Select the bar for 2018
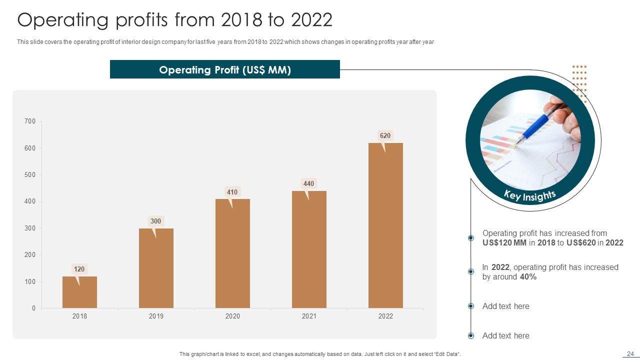79,292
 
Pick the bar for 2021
309,249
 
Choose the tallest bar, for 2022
385,225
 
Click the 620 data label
385,135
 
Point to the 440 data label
308,183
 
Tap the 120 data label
79,269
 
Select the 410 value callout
232,191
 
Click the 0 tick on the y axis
33,308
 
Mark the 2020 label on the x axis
232,316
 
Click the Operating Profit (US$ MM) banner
225,70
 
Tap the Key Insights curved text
529,195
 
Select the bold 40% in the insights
528,276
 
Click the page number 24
630,353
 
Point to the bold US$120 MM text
501,242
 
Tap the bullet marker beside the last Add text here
470,335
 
